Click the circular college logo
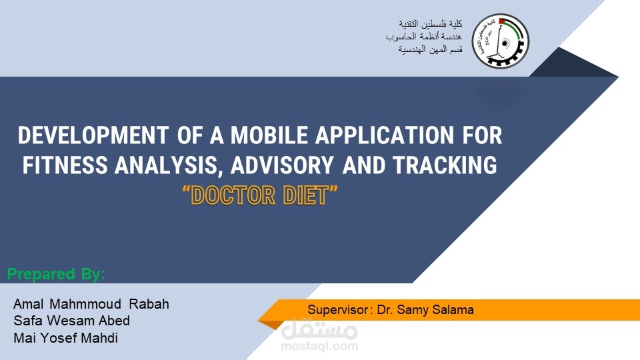[501, 41]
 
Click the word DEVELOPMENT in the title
[93, 135]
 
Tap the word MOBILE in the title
[269, 135]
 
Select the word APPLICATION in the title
[385, 135]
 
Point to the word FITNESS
[65, 165]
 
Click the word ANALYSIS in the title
[168, 166]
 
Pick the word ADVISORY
[281, 165]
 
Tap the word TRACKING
[445, 165]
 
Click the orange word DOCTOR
[233, 195]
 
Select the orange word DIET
[305, 195]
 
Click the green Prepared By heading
[56, 274]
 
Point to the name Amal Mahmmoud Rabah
[91, 304]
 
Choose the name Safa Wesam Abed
[72, 321]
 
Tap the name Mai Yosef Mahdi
[66, 338]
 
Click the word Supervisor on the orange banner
[338, 310]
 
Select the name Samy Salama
[435, 310]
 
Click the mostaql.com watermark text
[319, 347]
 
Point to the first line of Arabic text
[431, 24]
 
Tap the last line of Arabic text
[430, 49]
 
